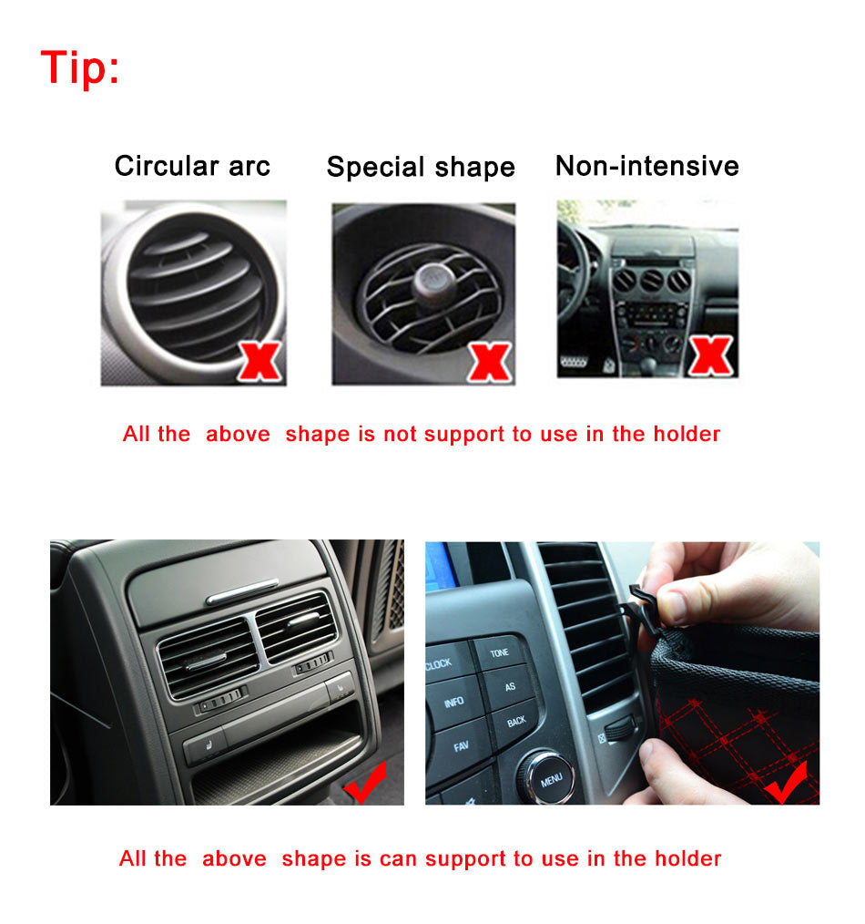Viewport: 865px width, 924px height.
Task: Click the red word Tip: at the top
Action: click(x=80, y=67)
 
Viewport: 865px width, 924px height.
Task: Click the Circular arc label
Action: click(x=192, y=166)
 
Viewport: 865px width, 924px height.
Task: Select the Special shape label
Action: click(x=421, y=167)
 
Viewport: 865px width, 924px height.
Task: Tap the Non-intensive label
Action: click(x=646, y=166)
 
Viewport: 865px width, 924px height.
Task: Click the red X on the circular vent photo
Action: click(x=260, y=360)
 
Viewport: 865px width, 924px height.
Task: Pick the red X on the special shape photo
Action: click(x=490, y=361)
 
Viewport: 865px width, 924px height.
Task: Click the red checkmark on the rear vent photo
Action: click(x=366, y=783)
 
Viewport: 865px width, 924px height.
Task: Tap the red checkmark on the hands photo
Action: click(x=786, y=783)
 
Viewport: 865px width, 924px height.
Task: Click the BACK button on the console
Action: click(x=515, y=721)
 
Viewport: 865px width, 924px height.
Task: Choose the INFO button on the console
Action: click(x=453, y=703)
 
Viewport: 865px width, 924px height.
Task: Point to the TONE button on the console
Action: click(x=500, y=653)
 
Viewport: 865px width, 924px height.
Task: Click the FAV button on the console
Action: click(x=461, y=746)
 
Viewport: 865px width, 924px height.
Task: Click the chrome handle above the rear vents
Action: click(x=242, y=598)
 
